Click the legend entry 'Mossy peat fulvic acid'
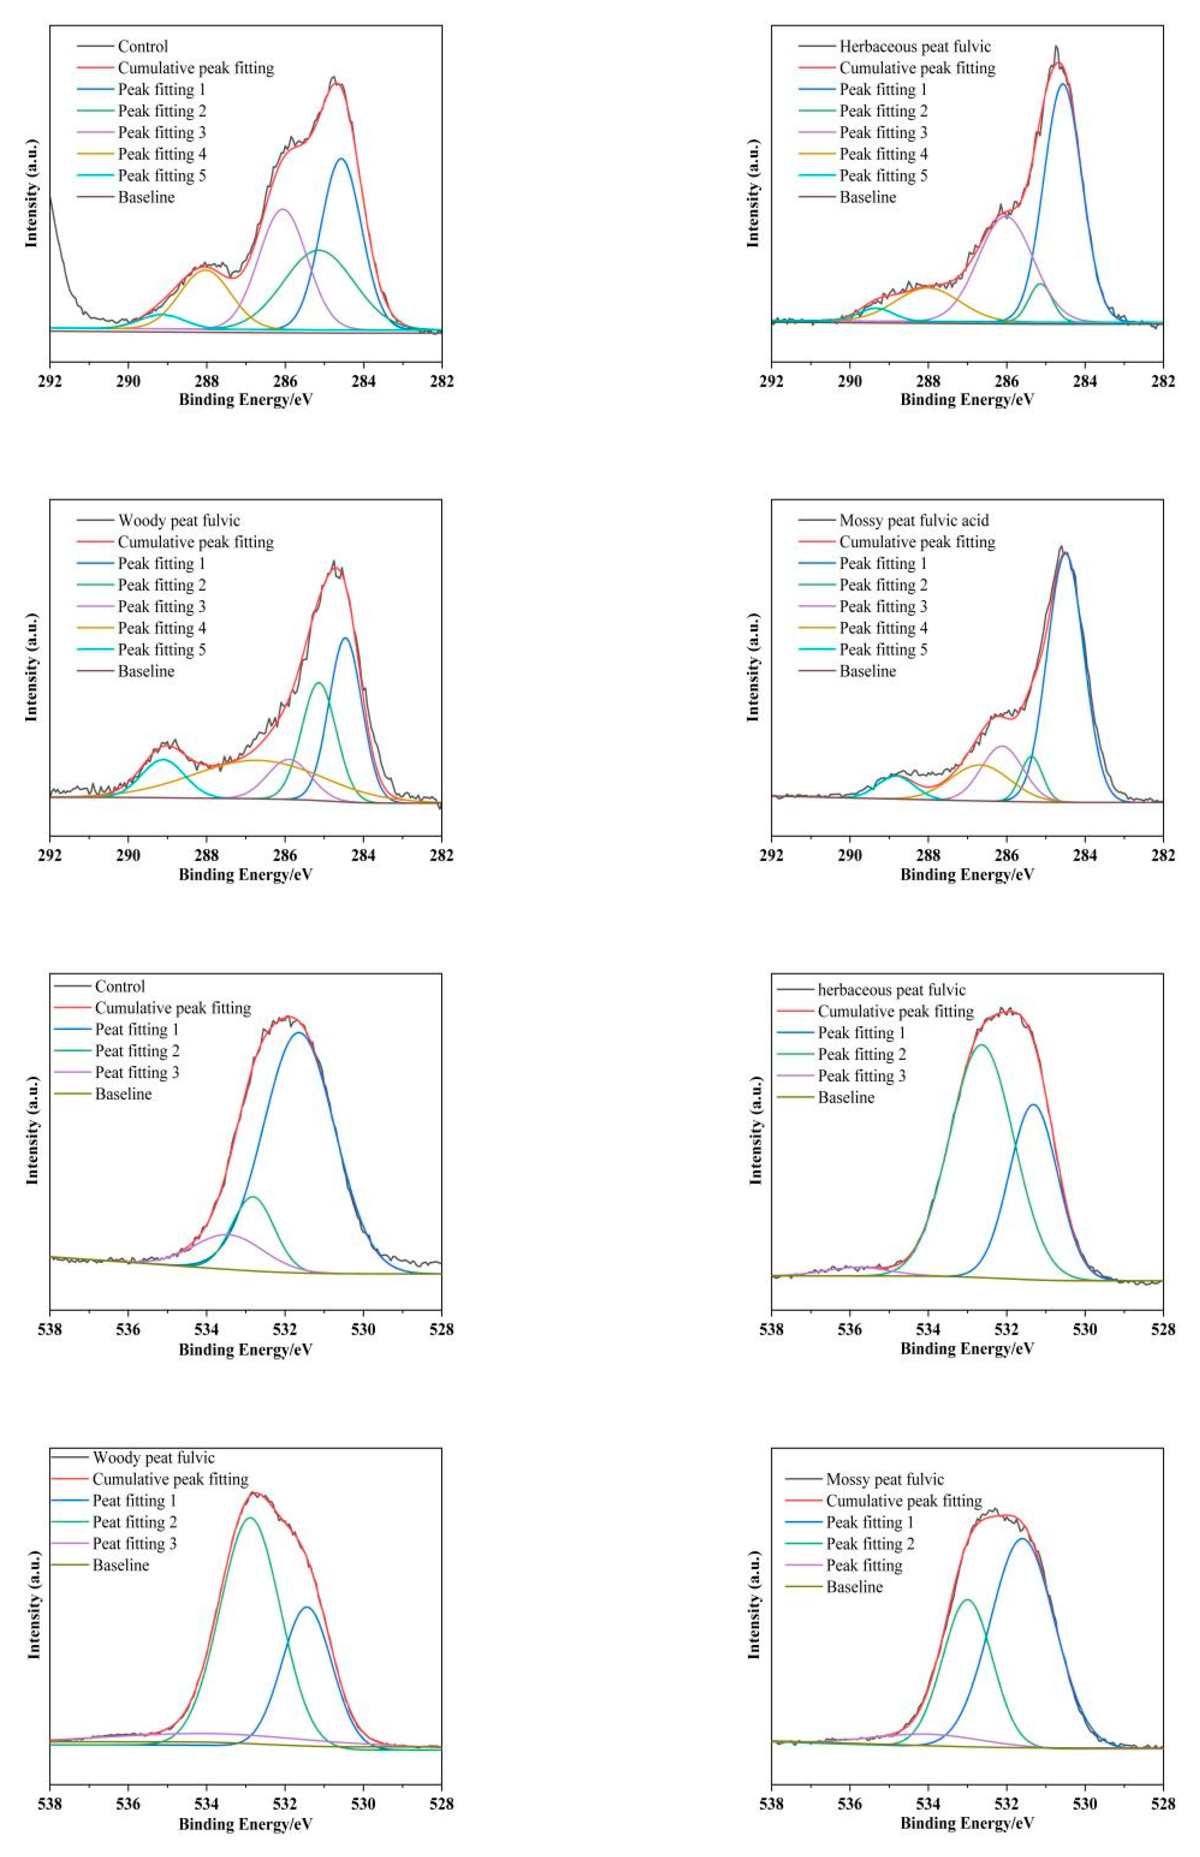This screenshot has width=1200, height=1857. click(913, 520)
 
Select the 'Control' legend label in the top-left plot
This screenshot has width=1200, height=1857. click(142, 47)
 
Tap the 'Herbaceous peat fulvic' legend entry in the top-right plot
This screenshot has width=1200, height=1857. click(915, 47)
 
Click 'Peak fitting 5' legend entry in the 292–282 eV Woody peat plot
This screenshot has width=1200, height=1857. click(161, 649)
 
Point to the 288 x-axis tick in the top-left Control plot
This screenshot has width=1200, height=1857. click(206, 381)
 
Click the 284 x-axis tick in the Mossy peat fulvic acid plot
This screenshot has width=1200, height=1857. click(1084, 855)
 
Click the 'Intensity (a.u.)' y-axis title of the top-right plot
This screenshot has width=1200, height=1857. click(753, 193)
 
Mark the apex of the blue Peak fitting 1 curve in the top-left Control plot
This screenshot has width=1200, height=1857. click(340, 159)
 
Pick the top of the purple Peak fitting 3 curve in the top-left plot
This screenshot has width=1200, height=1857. click(283, 209)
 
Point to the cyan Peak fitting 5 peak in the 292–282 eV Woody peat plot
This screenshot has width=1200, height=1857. click(163, 759)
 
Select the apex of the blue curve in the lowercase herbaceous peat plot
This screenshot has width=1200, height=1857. click(1033, 1104)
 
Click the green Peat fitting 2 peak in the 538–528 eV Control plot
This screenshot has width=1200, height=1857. click(252, 1196)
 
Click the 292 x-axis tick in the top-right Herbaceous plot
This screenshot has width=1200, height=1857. click(771, 381)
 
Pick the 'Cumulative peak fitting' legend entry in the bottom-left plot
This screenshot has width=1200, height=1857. click(170, 1479)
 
